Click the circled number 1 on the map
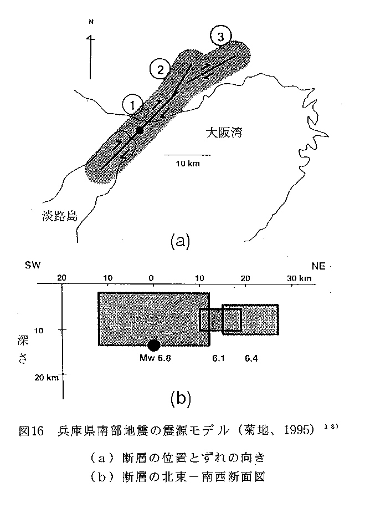coord(132,105)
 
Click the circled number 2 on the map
coord(160,69)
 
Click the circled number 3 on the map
coord(220,37)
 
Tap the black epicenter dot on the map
coord(140,130)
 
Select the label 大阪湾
coord(224,133)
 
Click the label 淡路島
coord(60,216)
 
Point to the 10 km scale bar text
coord(188,164)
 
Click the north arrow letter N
coord(91,22)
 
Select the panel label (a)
coord(180,241)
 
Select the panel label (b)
coord(181,398)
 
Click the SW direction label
coord(33,265)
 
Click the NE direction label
coord(318,266)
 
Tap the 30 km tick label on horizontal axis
coord(299,278)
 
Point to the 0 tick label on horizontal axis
coord(151,278)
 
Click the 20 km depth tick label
coord(47,377)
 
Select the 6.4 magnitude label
coord(251,358)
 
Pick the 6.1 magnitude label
coord(218,358)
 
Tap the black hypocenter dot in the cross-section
coord(154,346)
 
